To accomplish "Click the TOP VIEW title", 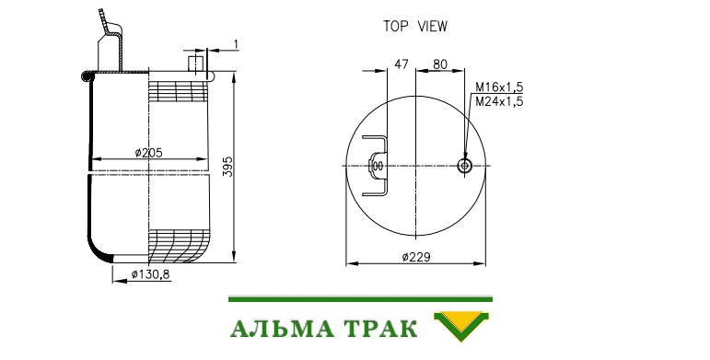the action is click(415, 27).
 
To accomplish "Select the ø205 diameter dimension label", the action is click(148, 153).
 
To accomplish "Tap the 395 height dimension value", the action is click(228, 167).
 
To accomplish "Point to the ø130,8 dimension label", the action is click(151, 274).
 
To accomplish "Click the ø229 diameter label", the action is click(416, 257).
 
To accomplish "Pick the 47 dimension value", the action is click(402, 64).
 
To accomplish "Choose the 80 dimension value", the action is click(439, 64).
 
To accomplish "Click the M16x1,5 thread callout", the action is click(499, 87).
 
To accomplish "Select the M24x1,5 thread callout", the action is click(499, 101).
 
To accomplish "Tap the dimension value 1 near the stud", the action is click(236, 44).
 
